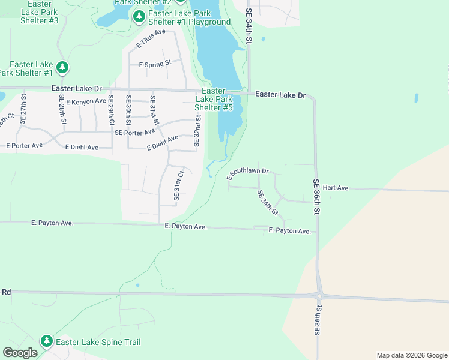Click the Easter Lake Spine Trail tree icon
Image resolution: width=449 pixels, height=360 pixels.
47,341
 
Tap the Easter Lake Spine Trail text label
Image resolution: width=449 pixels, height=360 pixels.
98,342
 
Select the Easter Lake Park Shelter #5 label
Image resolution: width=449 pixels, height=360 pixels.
217,99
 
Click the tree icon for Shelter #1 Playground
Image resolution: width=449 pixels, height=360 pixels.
139,16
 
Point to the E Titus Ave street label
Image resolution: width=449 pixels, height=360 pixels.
151,38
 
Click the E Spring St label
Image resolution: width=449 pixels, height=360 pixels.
155,64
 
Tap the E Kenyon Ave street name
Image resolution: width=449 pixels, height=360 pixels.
86,102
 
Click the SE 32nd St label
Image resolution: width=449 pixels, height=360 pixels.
196,125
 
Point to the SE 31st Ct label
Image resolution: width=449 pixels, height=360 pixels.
178,185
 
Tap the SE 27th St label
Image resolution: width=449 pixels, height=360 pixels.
23,109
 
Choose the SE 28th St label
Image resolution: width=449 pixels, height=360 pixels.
62,109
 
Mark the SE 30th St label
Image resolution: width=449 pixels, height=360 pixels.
128,109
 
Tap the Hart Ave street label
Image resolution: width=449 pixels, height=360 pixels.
336,188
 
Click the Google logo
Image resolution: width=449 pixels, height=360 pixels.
20,353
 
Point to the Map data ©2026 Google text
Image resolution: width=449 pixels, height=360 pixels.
411,355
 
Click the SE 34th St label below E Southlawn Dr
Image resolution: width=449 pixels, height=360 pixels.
268,203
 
